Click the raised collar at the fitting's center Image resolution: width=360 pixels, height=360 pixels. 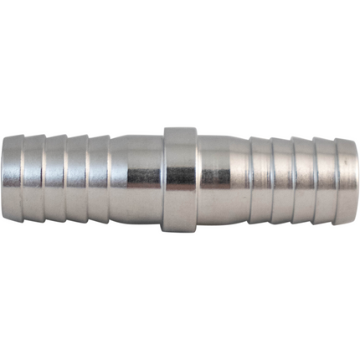[x=180, y=179]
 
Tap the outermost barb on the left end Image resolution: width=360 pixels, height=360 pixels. [x=13, y=179]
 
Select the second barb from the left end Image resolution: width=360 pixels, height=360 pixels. [x=33, y=179]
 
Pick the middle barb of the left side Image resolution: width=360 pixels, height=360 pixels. [x=55, y=179]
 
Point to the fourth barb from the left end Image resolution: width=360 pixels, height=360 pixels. [x=77, y=179]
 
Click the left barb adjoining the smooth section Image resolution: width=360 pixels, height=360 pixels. [x=99, y=179]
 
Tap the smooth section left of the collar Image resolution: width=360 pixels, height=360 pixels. [x=136, y=179]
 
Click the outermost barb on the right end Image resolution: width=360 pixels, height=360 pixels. [x=347, y=179]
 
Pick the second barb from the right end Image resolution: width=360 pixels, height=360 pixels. [x=325, y=179]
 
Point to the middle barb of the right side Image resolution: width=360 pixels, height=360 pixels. [x=304, y=179]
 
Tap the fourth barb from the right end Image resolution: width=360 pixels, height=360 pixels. [x=282, y=179]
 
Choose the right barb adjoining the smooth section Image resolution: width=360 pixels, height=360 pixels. [x=261, y=179]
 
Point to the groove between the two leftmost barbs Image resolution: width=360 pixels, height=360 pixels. [x=23, y=179]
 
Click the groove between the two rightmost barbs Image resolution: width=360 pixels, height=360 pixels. [x=336, y=179]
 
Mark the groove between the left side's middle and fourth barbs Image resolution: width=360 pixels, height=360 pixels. [x=66, y=179]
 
